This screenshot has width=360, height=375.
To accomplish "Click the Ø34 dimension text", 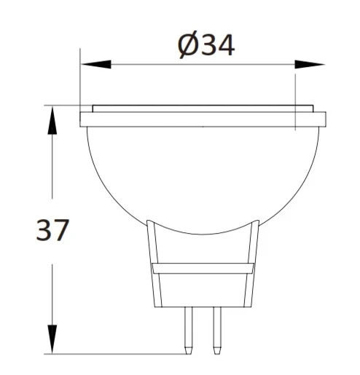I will click(x=206, y=46).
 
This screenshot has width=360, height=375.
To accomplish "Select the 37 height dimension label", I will click(x=52, y=232).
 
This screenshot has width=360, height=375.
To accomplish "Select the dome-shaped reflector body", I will click(x=203, y=175).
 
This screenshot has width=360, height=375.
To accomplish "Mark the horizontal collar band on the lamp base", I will click(x=203, y=269).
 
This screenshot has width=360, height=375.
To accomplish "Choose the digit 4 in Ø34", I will click(x=225, y=46).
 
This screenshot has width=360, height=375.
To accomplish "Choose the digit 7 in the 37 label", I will click(x=61, y=232).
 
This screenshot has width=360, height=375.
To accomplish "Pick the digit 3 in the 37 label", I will click(x=44, y=232).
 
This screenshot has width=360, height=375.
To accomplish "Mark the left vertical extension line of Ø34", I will click(x=80, y=80).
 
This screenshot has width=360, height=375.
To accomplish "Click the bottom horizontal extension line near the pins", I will click(x=117, y=355).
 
